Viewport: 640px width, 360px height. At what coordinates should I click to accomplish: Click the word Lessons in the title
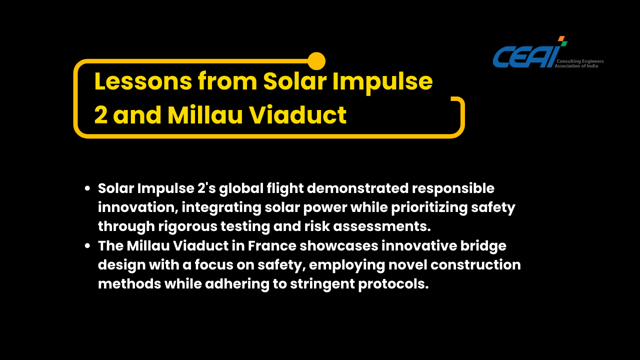click(143, 81)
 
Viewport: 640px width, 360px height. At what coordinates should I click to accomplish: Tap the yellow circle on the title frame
click(316, 61)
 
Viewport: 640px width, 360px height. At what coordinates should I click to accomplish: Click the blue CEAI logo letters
click(526, 56)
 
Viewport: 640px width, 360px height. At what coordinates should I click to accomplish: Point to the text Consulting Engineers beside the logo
click(580, 61)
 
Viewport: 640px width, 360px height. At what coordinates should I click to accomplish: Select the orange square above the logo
click(561, 38)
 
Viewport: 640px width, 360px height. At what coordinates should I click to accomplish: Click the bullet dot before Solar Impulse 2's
click(87, 188)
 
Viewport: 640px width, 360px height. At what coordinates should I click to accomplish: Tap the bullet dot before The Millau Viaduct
click(87, 245)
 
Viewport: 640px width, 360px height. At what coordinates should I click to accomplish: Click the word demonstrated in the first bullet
click(357, 188)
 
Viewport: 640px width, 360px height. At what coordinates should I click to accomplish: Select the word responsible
click(453, 189)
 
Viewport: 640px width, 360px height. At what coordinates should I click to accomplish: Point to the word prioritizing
click(429, 208)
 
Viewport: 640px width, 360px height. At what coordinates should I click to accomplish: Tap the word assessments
click(382, 226)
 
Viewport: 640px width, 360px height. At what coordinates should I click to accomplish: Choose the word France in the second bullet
click(272, 246)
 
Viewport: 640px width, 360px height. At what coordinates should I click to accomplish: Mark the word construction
click(475, 265)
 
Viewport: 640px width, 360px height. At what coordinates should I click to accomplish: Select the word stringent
click(322, 284)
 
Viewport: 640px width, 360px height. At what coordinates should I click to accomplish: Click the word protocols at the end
click(393, 284)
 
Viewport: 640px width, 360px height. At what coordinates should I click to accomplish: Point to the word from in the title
click(227, 81)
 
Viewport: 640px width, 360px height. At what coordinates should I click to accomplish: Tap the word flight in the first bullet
click(285, 189)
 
